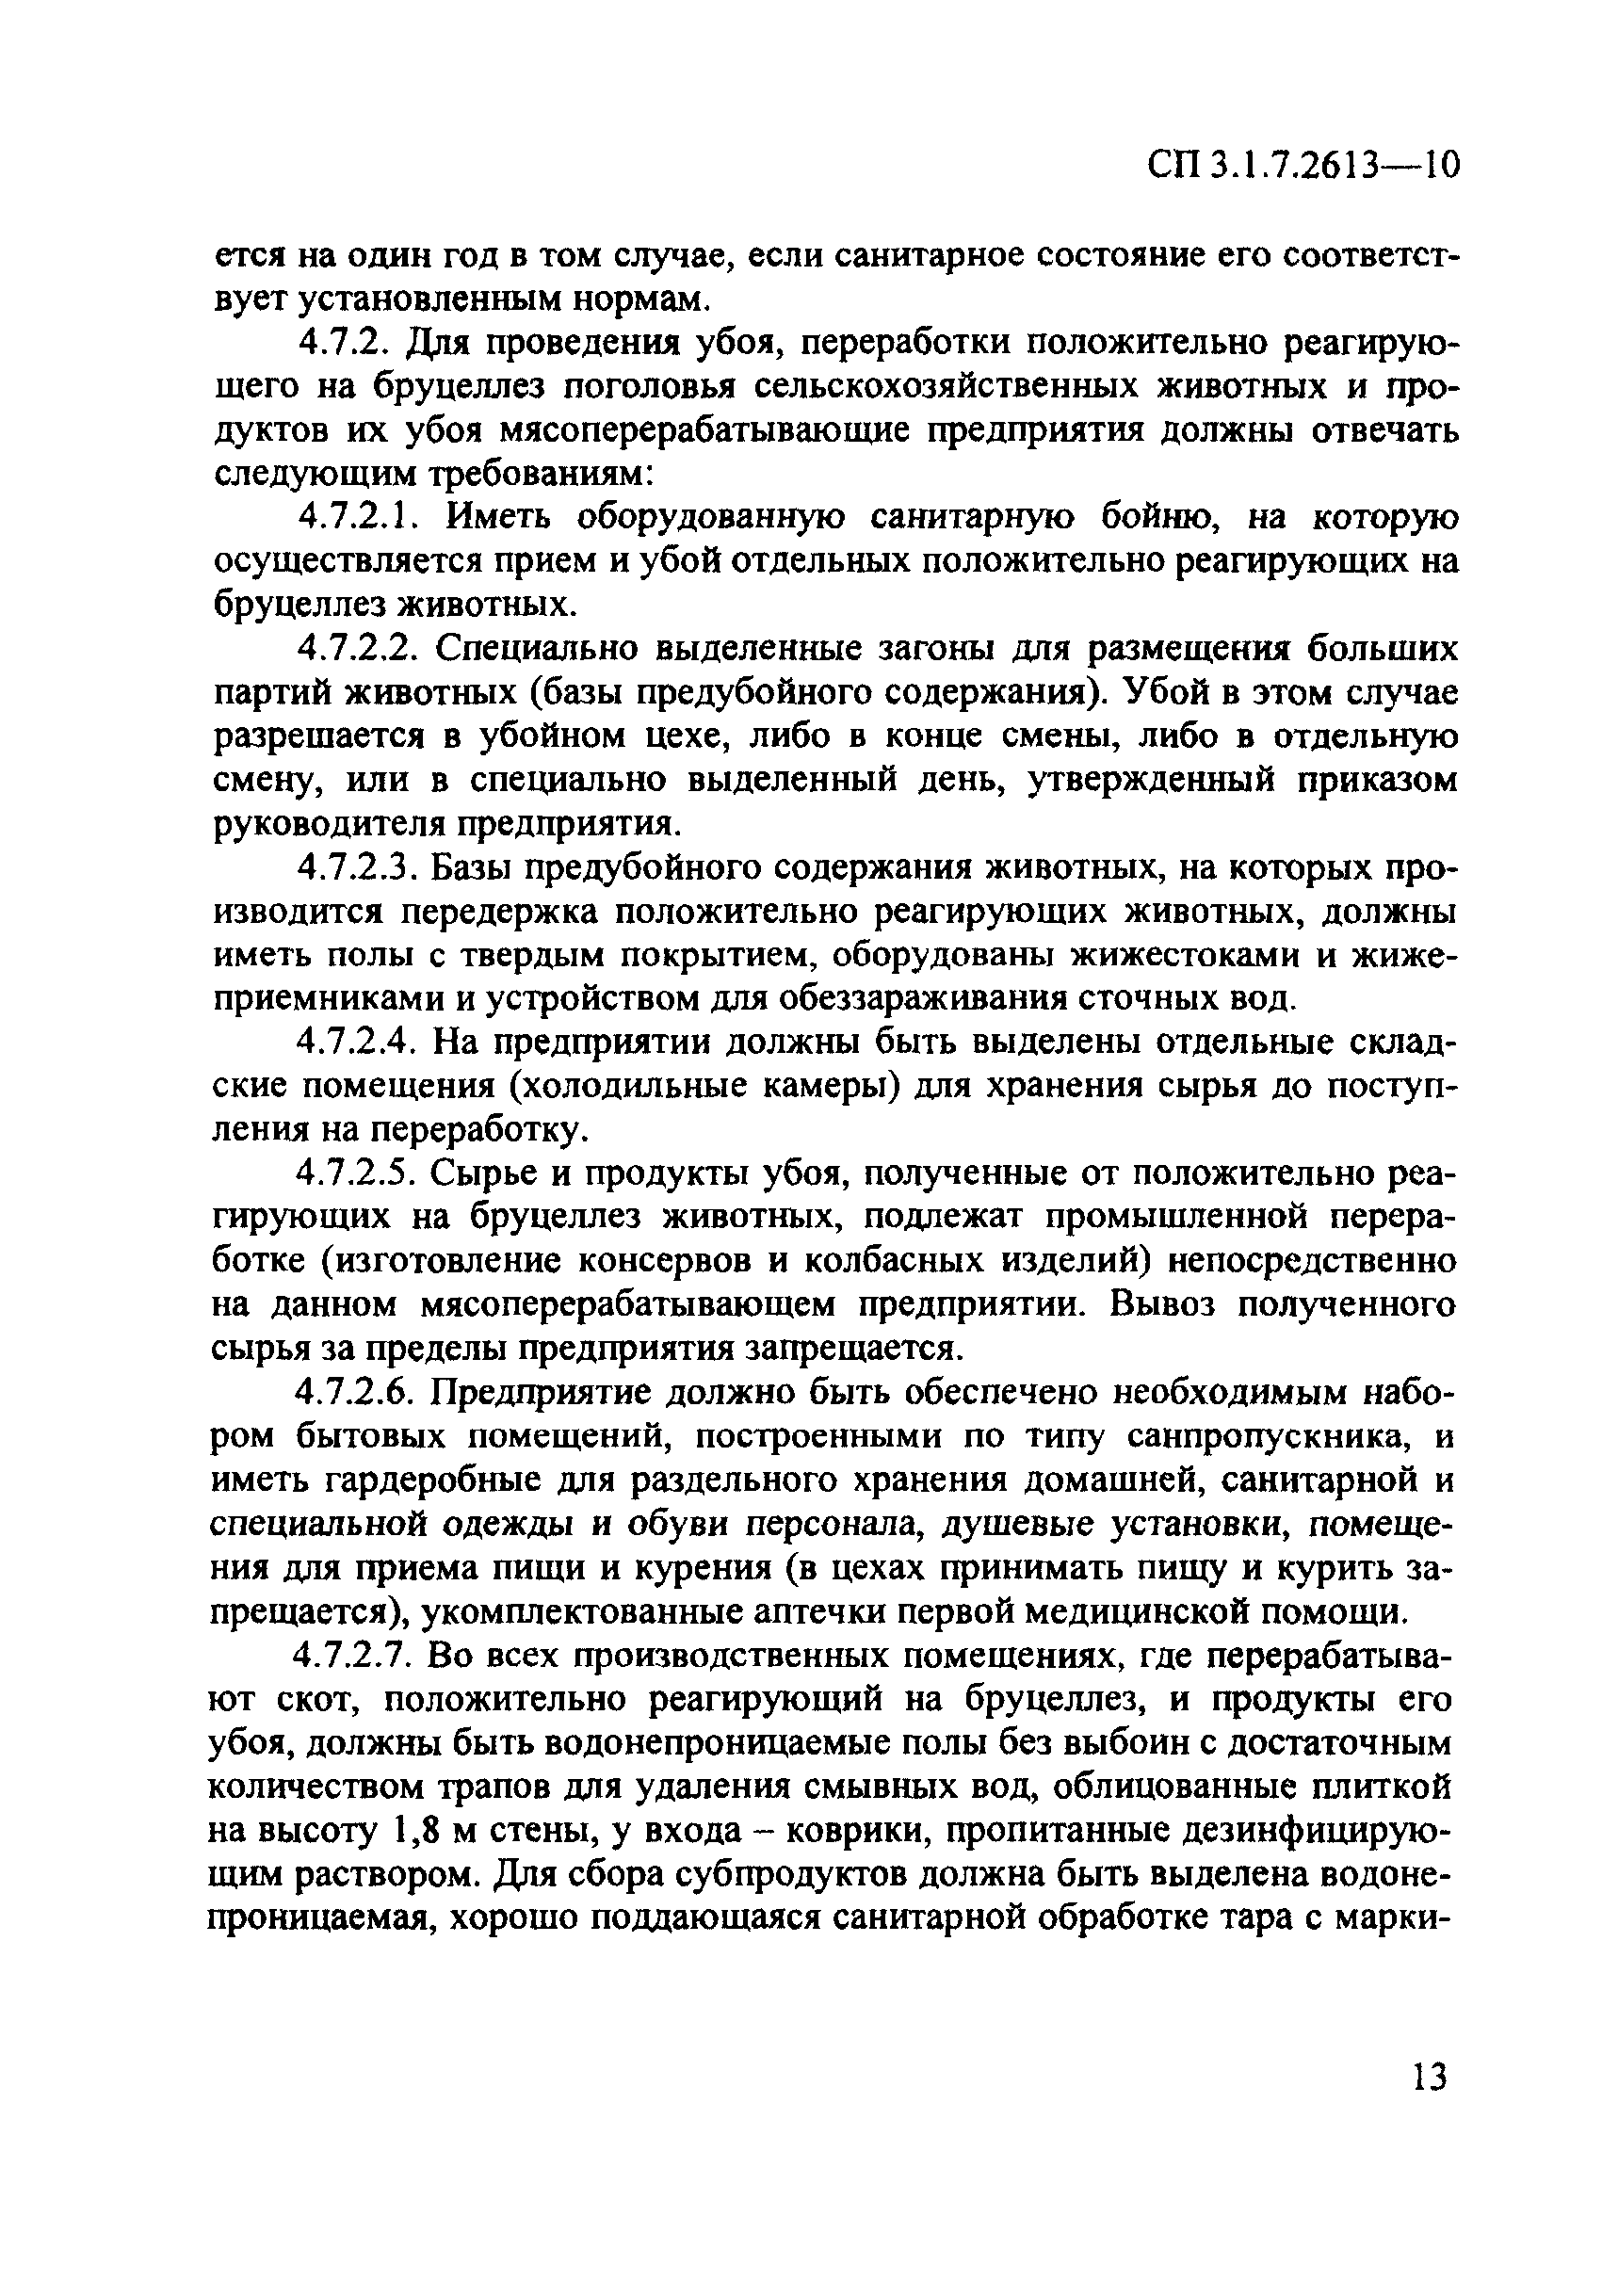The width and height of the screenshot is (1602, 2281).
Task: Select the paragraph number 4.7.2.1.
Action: tap(364, 519)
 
